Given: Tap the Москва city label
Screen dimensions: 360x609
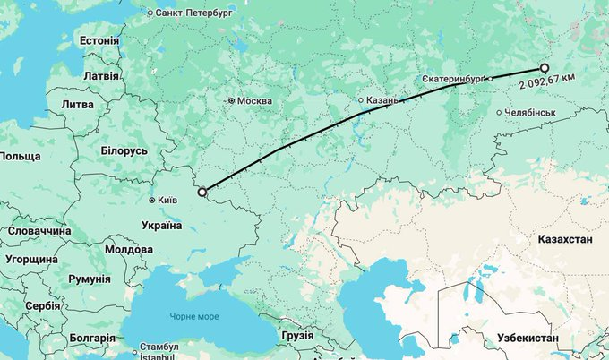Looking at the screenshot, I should point(254,100).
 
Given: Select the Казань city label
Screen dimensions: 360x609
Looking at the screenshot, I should point(382,101).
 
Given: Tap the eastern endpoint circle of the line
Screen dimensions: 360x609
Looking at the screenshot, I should point(544,68).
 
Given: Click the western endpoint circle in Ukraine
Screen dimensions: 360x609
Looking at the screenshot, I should point(202,191).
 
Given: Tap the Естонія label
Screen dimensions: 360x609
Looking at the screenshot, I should point(99,41).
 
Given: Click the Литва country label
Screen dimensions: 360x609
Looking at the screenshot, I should point(76,105).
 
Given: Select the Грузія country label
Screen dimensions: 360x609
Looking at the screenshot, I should point(296,336).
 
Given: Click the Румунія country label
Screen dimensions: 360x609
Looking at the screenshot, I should point(89,279).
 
